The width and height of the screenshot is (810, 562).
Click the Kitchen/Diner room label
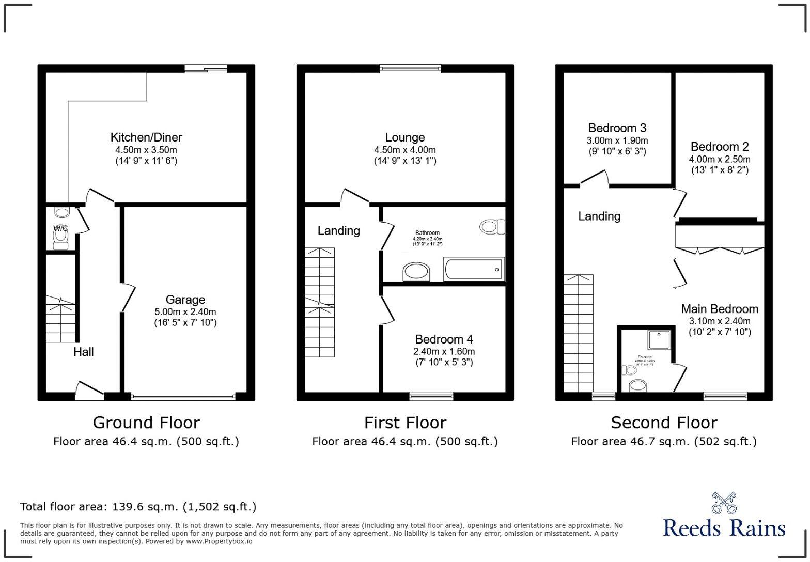coord(146,137)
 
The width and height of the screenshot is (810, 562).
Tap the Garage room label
coord(185,300)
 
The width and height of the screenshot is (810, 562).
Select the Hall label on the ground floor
coord(83,352)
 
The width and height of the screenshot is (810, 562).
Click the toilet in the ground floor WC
coord(61,235)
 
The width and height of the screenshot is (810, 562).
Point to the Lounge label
coord(405,137)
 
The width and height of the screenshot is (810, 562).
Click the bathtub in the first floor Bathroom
coord(473,269)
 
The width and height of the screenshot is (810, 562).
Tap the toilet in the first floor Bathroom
coord(492,226)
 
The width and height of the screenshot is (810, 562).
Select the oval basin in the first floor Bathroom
coord(416,271)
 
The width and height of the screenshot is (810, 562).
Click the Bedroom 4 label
coord(444,339)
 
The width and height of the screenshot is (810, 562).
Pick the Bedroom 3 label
coord(617,128)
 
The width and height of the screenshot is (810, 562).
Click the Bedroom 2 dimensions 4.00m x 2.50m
coord(720,159)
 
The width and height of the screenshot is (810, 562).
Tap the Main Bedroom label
coord(720,309)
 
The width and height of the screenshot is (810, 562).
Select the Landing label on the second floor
coord(599,216)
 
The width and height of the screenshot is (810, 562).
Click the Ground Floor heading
coord(146,423)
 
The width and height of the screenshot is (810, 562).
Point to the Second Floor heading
coord(664,423)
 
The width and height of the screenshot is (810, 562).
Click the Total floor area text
coord(138,506)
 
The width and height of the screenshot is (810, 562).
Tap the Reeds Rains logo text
coord(724,528)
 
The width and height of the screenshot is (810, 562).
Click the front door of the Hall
coord(89,391)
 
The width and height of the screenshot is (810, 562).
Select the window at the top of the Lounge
coord(411,68)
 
